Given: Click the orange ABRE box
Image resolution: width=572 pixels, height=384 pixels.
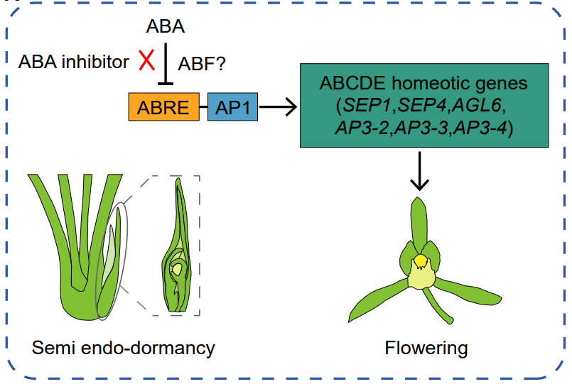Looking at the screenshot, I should pyautogui.click(x=164, y=108).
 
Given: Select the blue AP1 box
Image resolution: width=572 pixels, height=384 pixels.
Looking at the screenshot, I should pyautogui.click(x=232, y=108).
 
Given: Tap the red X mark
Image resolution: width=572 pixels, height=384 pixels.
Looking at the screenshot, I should pyautogui.click(x=146, y=62).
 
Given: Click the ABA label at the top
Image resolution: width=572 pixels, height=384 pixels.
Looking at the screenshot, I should pyautogui.click(x=165, y=27).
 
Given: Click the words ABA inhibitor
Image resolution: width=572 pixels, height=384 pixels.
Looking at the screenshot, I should pyautogui.click(x=73, y=62).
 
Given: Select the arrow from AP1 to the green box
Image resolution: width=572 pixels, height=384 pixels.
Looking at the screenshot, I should pyautogui.click(x=277, y=109).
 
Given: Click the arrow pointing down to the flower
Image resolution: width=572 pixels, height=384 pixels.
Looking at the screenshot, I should pyautogui.click(x=420, y=173).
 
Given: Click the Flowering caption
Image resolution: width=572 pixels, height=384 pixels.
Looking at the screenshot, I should pyautogui.click(x=426, y=348).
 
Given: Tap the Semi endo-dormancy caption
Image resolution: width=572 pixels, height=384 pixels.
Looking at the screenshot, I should pyautogui.click(x=123, y=348).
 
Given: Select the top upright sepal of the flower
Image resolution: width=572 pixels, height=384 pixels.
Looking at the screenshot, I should pyautogui.click(x=419, y=220).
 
